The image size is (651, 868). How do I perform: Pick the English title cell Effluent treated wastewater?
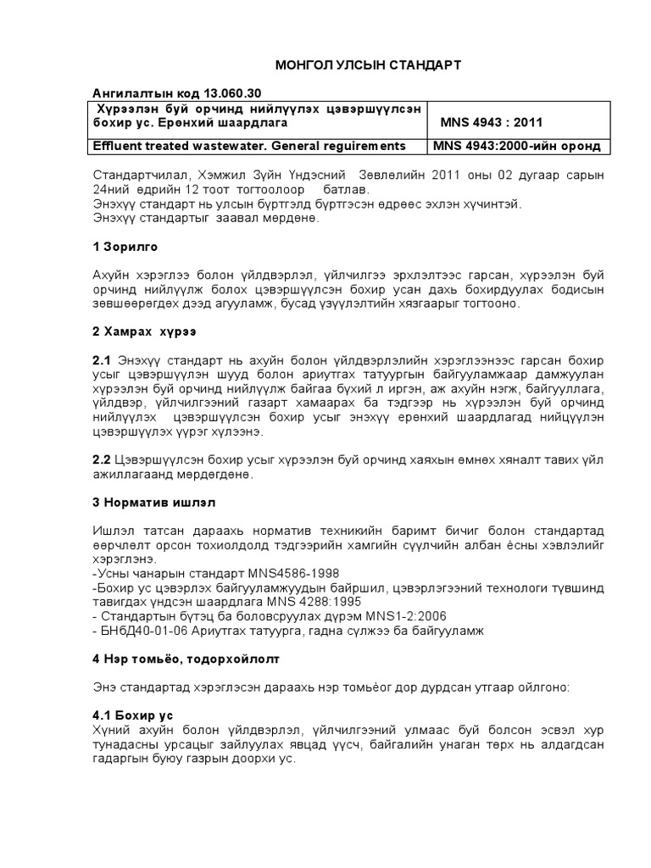pyautogui.click(x=248, y=147)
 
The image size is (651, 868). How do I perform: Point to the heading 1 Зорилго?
pyautogui.click(x=124, y=247)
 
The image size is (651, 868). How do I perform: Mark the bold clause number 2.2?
pyautogui.click(x=101, y=459)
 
